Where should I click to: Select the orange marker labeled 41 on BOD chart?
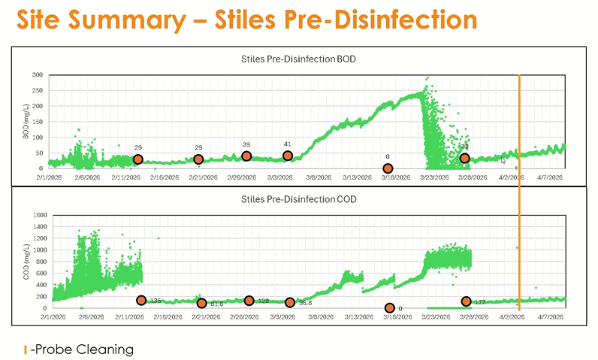[288, 156]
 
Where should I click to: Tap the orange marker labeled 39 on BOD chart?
[246, 156]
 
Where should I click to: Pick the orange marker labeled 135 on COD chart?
[141, 301]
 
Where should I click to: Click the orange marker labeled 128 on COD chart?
[249, 301]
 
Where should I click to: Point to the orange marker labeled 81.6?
[201, 304]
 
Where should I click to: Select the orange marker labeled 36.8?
[290, 303]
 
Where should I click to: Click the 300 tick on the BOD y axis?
[37, 75]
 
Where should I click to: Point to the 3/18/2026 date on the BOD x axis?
[395, 178]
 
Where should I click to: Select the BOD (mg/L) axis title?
[25, 121]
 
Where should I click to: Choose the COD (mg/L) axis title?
[25, 261]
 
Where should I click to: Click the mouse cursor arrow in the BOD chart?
[504, 160]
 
